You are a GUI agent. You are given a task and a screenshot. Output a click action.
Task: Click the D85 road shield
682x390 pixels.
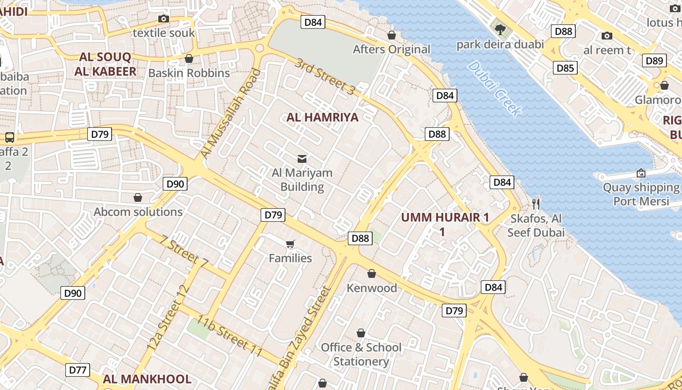pyautogui.click(x=565, y=68)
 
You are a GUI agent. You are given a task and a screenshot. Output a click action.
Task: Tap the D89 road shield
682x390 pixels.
pyautogui.click(x=654, y=60)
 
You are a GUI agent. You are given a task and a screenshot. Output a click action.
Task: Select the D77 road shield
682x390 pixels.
pyautogui.click(x=77, y=370)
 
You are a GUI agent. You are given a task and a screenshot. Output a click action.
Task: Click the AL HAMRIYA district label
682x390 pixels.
pyautogui.click(x=322, y=117)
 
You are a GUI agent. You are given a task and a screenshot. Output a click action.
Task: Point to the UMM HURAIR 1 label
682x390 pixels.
pyautogui.click(x=444, y=218)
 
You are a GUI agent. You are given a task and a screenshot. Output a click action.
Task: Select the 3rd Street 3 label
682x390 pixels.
pyautogui.click(x=325, y=77)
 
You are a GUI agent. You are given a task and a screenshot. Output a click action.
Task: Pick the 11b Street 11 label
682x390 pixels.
pyautogui.click(x=230, y=336)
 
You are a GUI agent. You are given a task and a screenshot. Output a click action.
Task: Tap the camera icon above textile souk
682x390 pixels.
pyautogui.click(x=164, y=19)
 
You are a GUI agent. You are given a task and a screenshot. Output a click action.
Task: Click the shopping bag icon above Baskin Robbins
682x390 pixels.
pyautogui.click(x=189, y=59)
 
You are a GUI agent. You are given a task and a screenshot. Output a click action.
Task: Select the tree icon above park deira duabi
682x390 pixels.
pyautogui.click(x=500, y=30)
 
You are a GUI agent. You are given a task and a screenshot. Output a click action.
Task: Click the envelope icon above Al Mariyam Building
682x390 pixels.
pyautogui.click(x=302, y=158)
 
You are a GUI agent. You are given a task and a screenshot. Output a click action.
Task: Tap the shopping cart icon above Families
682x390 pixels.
pyautogui.click(x=290, y=244)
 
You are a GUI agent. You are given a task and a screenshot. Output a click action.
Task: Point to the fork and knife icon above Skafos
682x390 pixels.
pyautogui.click(x=536, y=204)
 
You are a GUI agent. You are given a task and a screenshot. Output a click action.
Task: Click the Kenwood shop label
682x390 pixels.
pyautogui.click(x=372, y=288)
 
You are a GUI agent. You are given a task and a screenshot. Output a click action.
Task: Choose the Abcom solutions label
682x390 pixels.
pyautogui.click(x=138, y=212)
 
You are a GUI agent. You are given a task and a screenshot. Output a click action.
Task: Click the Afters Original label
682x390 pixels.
pyautogui.click(x=392, y=49)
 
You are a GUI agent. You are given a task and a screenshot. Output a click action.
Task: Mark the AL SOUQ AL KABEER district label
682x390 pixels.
pyautogui.click(x=105, y=64)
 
